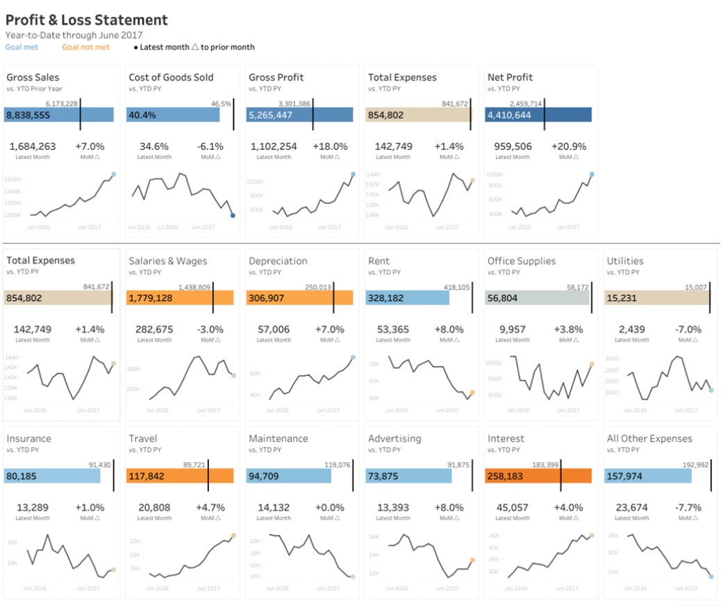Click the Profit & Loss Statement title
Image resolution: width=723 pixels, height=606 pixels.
tap(86, 20)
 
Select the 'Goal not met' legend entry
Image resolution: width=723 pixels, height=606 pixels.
tap(85, 47)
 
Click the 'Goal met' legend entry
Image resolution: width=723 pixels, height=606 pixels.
tap(22, 47)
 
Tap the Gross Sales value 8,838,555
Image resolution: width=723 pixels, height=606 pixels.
tap(28, 115)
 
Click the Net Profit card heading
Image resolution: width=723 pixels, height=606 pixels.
tap(510, 77)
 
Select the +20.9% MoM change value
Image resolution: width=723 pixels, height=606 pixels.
tap(568, 146)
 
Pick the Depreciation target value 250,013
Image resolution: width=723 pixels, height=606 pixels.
tap(319, 287)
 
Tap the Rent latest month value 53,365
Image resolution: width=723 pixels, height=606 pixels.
tap(392, 329)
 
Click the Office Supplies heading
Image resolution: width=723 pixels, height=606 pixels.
tap(521, 261)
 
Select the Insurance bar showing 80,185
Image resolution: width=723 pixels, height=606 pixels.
tap(52, 476)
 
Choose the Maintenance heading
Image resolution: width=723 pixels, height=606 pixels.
tap(278, 439)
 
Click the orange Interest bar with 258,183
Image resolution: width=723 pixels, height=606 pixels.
tap(538, 476)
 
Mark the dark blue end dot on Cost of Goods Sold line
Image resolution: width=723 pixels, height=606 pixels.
tap(233, 216)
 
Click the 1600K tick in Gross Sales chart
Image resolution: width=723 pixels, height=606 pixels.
tap(14, 179)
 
